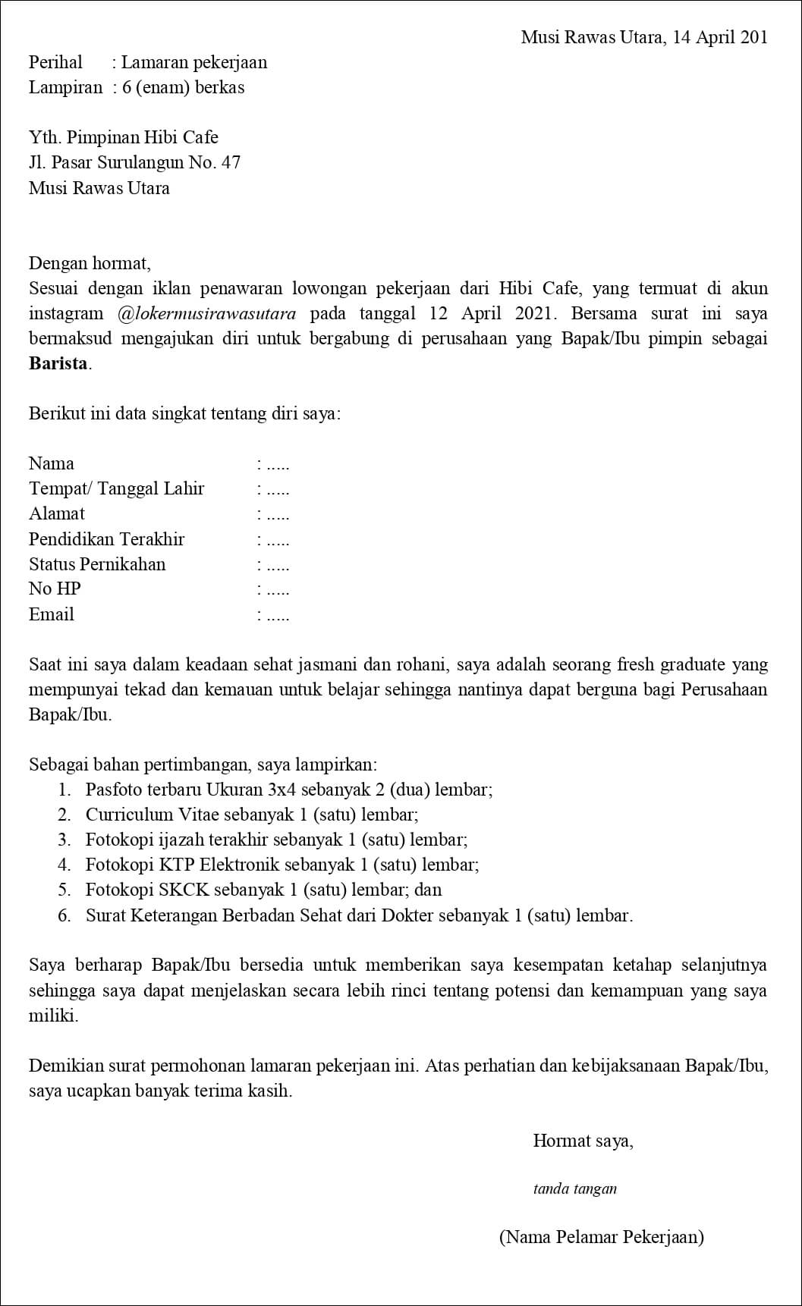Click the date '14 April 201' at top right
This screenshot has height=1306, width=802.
point(720,37)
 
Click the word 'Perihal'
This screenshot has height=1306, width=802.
point(55,62)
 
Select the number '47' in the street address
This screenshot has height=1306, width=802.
point(231,162)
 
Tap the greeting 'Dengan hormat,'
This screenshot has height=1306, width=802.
point(90,263)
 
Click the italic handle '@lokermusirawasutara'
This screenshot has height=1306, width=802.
point(207,314)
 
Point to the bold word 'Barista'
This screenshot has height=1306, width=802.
point(58,363)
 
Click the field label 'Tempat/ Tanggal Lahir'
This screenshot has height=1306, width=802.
point(116,488)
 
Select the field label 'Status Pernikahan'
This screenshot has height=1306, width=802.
point(97,564)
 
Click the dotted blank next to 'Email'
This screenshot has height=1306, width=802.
point(274,615)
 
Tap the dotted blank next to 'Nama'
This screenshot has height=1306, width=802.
point(274,464)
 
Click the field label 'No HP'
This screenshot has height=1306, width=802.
point(55,589)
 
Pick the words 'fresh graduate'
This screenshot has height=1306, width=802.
point(673,665)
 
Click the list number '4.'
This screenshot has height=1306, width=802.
point(64,865)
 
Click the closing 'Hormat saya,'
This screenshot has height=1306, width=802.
point(583,1141)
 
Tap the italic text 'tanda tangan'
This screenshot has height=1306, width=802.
point(574,1188)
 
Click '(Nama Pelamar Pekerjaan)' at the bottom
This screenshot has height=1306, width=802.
point(601,1237)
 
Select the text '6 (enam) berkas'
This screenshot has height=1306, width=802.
point(183,87)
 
